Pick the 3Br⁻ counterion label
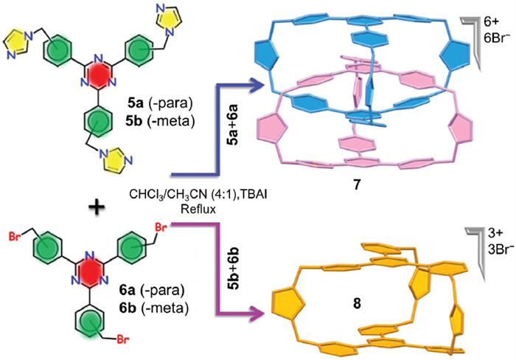coord(489,225)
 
